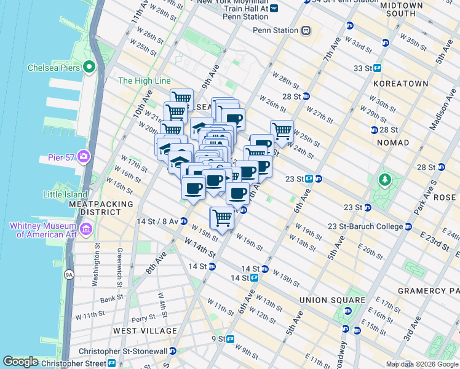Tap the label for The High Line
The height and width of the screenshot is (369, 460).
(x=142, y=81)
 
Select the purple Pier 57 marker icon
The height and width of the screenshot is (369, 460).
(x=83, y=157)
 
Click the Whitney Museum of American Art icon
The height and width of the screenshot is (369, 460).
(x=85, y=230)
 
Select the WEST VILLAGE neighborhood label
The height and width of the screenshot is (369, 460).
(x=145, y=331)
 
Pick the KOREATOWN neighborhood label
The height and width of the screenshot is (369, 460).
(x=400, y=82)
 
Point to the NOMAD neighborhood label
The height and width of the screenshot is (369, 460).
(x=394, y=143)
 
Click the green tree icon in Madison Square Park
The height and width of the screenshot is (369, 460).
(x=385, y=180)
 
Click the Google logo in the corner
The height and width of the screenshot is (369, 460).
(x=20, y=362)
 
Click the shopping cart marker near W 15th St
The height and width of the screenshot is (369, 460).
(x=222, y=217)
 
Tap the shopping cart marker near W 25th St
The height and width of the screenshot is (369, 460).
(x=282, y=130)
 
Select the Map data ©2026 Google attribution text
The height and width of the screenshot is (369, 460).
(x=421, y=364)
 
